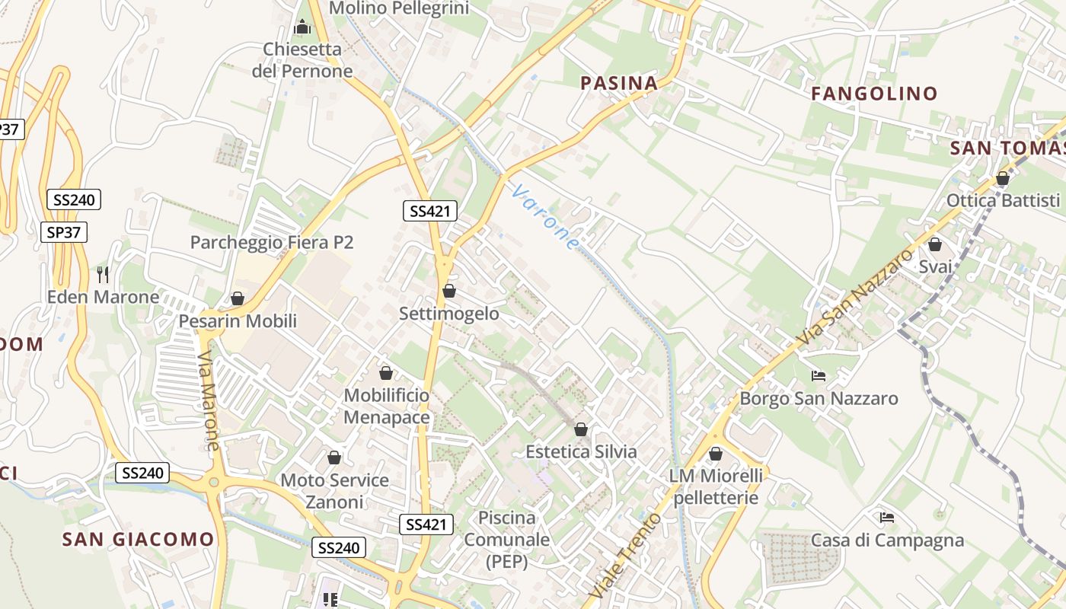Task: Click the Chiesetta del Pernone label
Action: (x=302, y=60)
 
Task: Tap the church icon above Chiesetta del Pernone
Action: (x=302, y=27)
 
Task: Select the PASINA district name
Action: (x=619, y=83)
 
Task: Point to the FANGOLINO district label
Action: (x=874, y=94)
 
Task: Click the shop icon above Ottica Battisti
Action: (x=1003, y=179)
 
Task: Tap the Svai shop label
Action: (x=935, y=266)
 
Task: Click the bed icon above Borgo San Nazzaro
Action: (x=819, y=376)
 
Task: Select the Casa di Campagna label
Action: (x=887, y=540)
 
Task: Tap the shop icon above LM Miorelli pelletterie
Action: (x=716, y=454)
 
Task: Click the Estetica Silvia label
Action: (x=581, y=451)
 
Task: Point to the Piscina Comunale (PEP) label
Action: (x=506, y=540)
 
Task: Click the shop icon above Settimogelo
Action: (x=449, y=291)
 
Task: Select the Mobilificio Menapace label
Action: (x=387, y=407)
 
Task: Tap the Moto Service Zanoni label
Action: (x=335, y=491)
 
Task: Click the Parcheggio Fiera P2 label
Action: (x=272, y=242)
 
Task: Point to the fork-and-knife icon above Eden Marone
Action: (x=104, y=274)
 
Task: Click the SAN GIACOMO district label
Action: (x=138, y=540)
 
